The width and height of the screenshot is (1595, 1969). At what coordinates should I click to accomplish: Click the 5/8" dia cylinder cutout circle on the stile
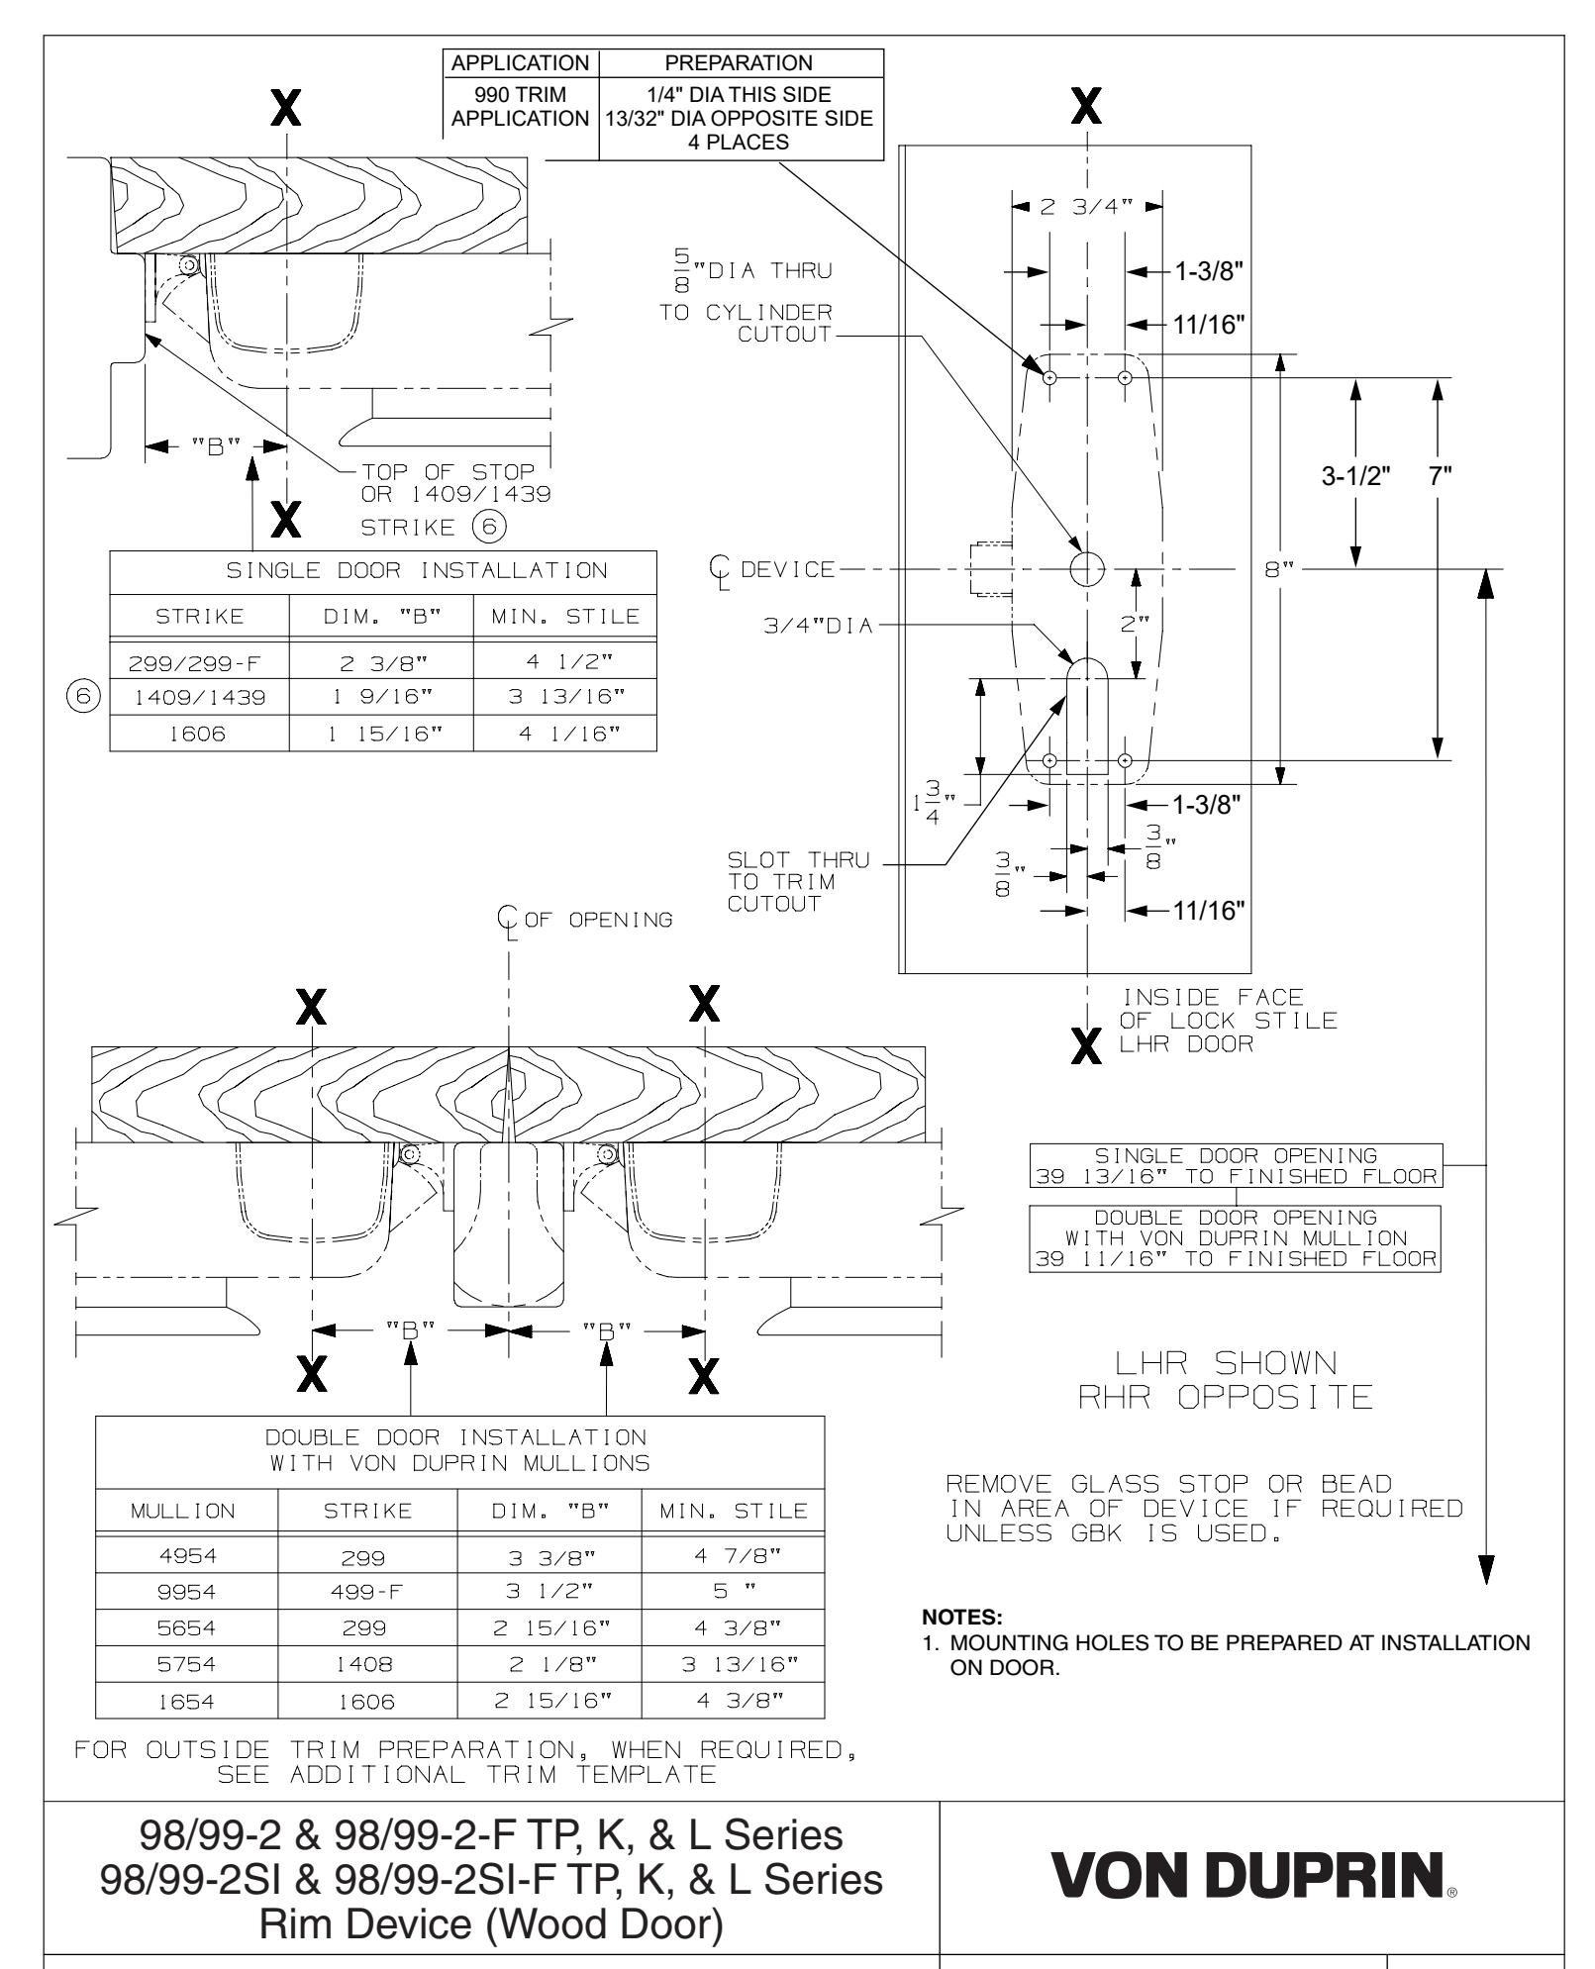tap(1087, 568)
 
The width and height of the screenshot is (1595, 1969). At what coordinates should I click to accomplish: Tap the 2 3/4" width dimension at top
tap(1087, 207)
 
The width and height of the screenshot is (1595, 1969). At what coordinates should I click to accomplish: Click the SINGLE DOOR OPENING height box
tap(1236, 1165)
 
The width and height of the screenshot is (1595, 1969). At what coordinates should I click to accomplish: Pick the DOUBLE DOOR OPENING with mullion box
tap(1236, 1237)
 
